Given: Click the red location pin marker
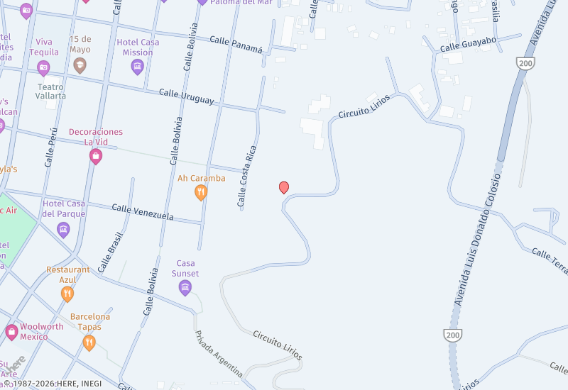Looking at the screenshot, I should (284, 187).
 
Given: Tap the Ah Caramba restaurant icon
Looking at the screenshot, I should (201, 191).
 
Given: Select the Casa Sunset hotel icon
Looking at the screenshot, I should (185, 286).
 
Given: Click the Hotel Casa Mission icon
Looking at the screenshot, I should (138, 67).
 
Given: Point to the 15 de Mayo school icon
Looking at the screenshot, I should (80, 65).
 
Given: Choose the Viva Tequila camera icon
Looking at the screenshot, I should (43, 67).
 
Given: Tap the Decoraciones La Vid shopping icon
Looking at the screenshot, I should (96, 156).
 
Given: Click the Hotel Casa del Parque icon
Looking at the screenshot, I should (63, 229).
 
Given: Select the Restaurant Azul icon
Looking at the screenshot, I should (67, 294).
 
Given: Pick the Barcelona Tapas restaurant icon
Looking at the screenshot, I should (89, 342).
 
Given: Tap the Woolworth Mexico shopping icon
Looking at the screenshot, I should (11, 331).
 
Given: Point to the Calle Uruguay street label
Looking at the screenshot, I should (186, 96).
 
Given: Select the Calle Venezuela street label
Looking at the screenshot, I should (143, 211).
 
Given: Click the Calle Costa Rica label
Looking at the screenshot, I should (246, 177).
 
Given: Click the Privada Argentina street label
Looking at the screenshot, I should (218, 352).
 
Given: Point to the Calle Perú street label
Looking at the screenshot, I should (51, 147).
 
